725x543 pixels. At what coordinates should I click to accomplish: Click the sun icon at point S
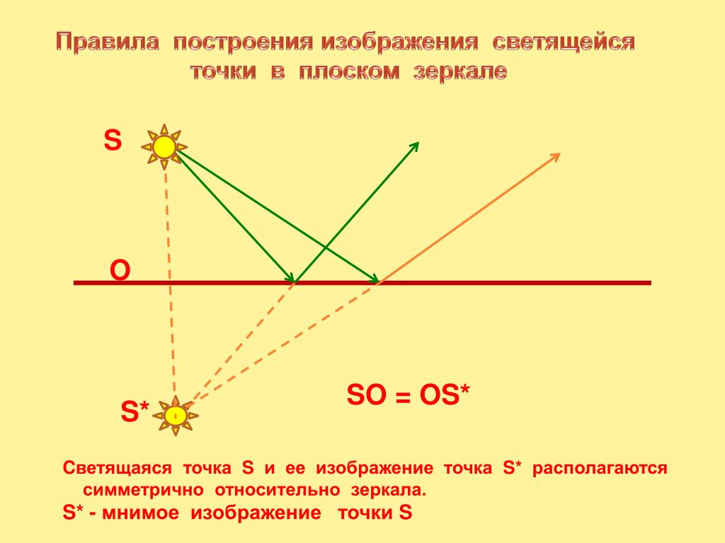coord(164,147)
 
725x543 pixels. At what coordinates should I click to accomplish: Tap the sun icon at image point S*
coord(176,416)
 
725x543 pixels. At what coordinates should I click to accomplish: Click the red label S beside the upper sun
coord(113,140)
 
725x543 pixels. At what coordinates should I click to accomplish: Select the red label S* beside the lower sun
coord(135,411)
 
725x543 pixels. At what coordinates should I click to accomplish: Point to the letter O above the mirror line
coord(120,271)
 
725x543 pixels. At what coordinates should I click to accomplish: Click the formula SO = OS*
coord(408,395)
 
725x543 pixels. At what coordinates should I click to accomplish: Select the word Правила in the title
coord(108,42)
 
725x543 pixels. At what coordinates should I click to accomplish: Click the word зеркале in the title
coord(460,71)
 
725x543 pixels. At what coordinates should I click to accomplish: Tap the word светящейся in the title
coord(564,42)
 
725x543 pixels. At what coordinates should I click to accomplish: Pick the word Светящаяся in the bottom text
coord(117,468)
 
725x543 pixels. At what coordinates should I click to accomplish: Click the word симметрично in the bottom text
coord(143,489)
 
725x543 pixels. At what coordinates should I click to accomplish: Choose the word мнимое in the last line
coord(141,513)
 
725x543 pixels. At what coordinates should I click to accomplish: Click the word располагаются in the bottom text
coord(600,469)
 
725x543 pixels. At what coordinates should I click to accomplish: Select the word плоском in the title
coord(349,71)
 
